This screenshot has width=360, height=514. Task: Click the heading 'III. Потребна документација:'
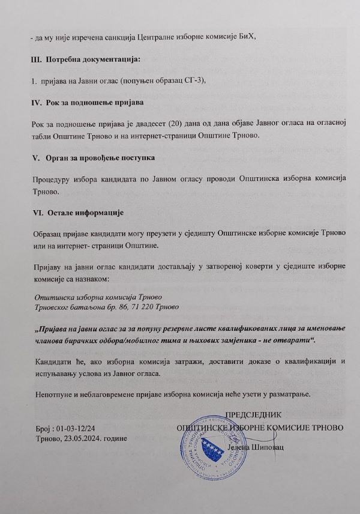84,59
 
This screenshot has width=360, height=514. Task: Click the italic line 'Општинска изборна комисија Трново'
100,297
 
